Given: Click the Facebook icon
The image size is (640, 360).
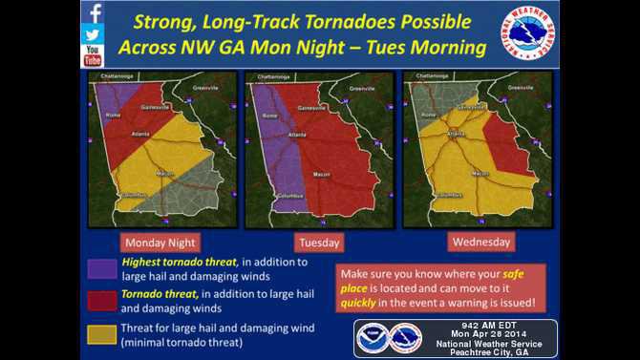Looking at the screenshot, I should (x=93, y=13).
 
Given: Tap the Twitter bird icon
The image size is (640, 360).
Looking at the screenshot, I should (x=93, y=34).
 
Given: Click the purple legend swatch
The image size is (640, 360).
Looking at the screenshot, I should (x=101, y=268).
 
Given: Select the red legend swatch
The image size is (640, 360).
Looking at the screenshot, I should (x=101, y=301).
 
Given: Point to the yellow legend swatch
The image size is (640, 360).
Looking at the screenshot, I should (x=101, y=333).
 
